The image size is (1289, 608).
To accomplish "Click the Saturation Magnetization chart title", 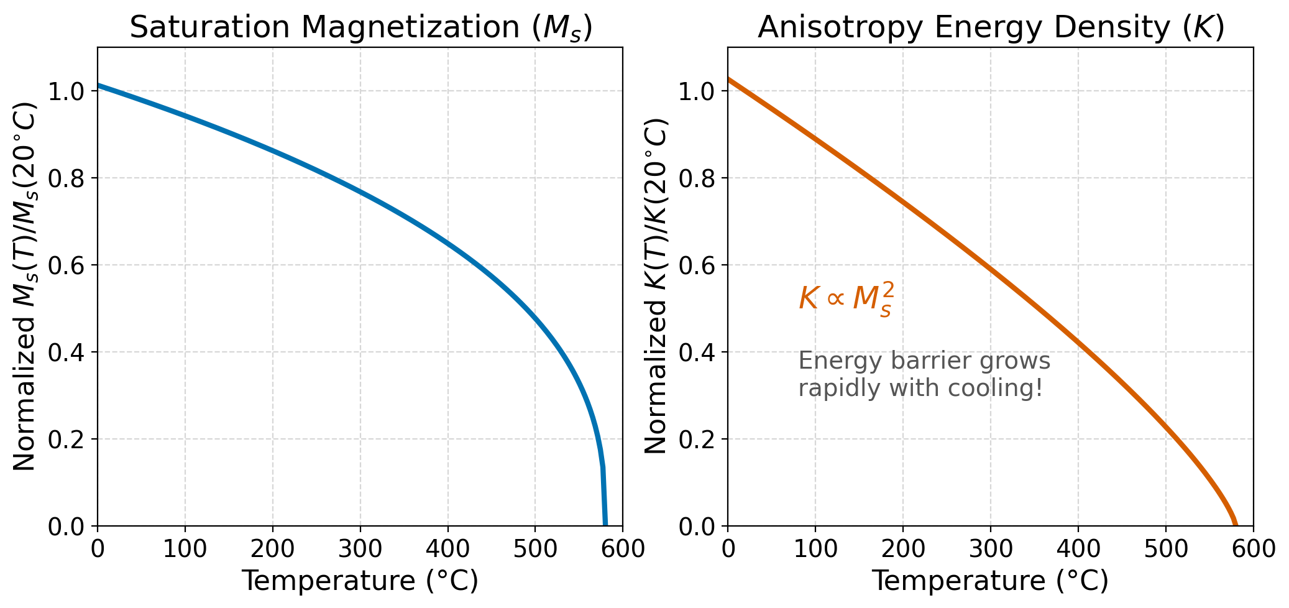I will [x=360, y=28].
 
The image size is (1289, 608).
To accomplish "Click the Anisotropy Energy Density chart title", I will [x=991, y=28].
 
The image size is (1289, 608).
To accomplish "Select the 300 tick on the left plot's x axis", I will [x=360, y=549].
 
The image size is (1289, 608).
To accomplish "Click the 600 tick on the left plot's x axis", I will [x=622, y=549].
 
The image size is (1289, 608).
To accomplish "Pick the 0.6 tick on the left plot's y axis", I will [x=66, y=265].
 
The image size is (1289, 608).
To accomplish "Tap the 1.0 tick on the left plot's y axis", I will [x=66, y=91].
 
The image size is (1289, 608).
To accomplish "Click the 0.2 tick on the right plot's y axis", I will [x=696, y=440].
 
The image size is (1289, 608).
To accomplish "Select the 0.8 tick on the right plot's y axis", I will [x=696, y=178].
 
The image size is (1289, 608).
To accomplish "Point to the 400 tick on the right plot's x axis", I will [x=1078, y=549].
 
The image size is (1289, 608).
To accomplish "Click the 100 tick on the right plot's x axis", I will [x=815, y=549].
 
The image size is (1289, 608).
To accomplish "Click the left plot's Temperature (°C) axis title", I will [x=360, y=581].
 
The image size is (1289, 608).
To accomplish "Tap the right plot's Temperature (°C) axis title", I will [x=990, y=581].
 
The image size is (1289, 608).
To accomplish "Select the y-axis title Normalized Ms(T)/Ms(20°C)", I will [x=25, y=286].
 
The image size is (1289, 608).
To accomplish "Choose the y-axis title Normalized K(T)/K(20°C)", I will [x=656, y=286].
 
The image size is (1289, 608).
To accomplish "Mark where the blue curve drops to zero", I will [x=605, y=524].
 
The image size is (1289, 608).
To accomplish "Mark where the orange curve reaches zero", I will [x=1236, y=524].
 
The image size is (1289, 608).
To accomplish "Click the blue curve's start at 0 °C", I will [x=99, y=85].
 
